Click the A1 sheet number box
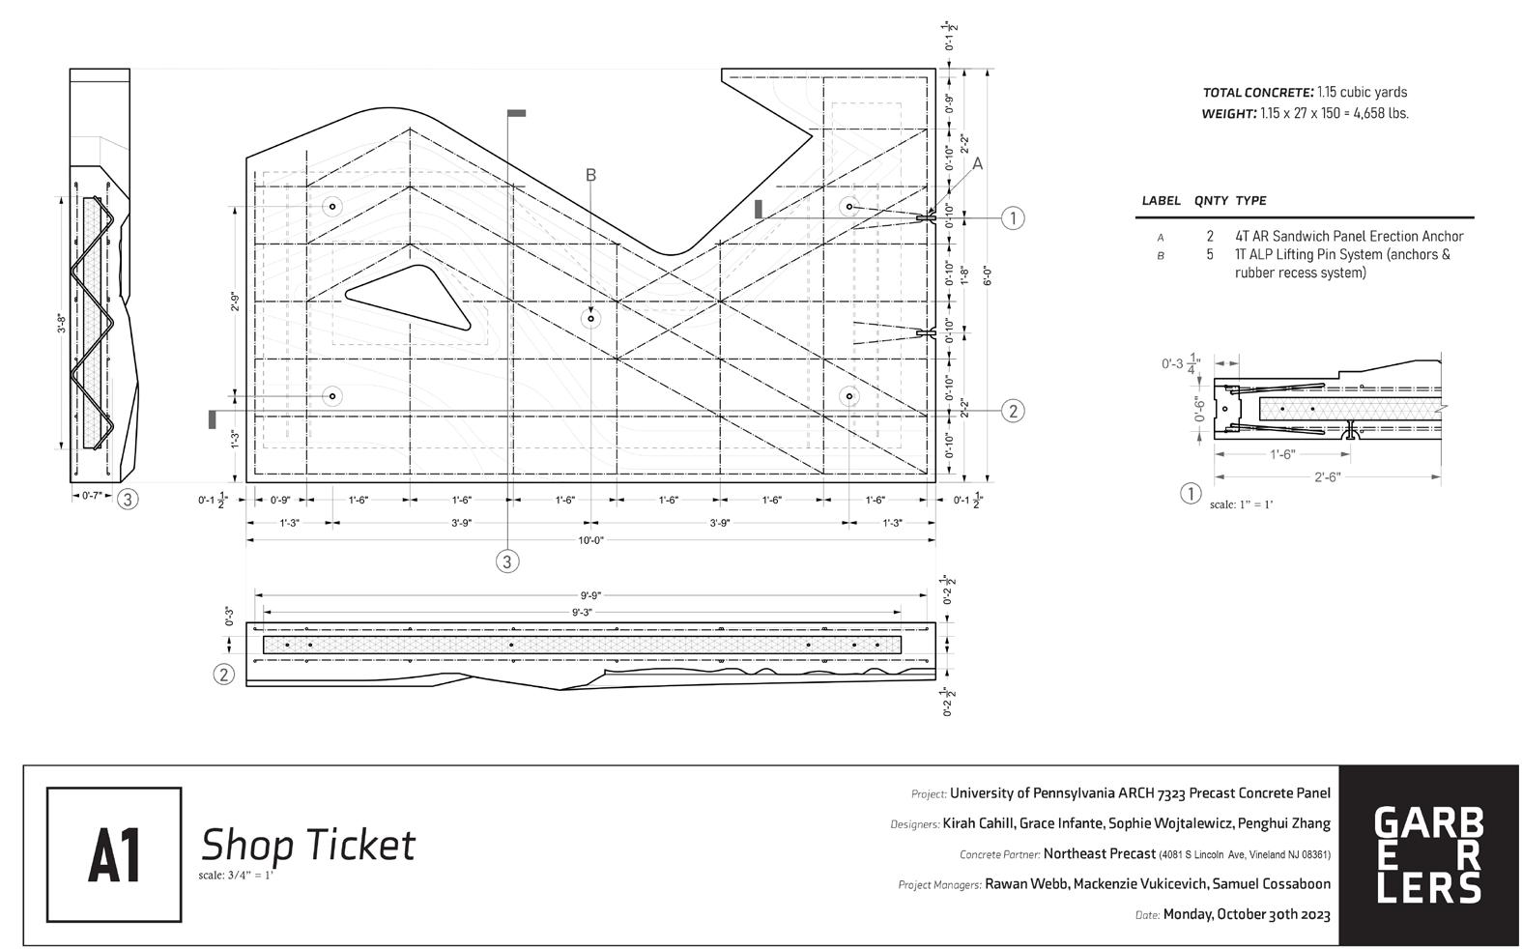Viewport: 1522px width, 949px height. tap(114, 854)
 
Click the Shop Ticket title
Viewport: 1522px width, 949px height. tap(307, 846)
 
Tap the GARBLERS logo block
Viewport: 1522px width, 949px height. tap(1427, 855)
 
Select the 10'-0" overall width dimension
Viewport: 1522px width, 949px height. tap(591, 540)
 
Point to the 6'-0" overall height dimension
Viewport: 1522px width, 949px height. tap(987, 276)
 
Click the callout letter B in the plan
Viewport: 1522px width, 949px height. tap(590, 175)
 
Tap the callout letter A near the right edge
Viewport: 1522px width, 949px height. tap(977, 164)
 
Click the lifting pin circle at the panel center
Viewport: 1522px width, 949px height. tap(590, 318)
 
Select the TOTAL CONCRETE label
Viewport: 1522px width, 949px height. tap(1257, 93)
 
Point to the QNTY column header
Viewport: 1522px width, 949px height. tap(1211, 201)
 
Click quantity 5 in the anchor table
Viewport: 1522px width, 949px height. tap(1210, 255)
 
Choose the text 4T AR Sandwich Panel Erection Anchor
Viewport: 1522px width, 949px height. tap(1348, 236)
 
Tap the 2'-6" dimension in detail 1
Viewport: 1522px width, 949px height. tap(1327, 477)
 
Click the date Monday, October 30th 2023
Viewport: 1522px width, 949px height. tap(1246, 914)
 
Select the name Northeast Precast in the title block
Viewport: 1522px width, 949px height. tap(1099, 853)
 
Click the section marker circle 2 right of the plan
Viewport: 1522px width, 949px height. tap(1013, 411)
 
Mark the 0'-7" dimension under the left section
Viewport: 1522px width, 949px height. tap(93, 496)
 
